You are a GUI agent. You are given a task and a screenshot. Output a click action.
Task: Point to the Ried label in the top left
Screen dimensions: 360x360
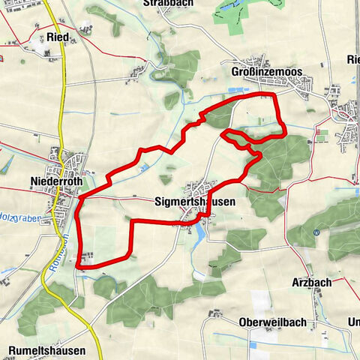click(x=57, y=37)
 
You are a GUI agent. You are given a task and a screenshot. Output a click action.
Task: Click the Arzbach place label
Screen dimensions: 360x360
click(x=310, y=283)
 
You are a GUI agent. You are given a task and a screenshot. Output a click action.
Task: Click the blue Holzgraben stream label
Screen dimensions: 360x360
click(x=19, y=219)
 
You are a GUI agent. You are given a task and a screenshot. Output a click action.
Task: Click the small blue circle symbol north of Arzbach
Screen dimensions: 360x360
click(x=316, y=232)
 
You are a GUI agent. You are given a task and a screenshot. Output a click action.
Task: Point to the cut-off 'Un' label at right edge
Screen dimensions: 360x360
click(x=353, y=323)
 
